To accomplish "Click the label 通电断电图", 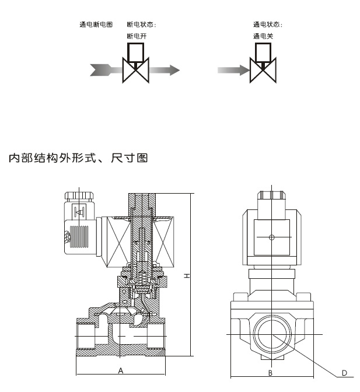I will [x=96, y=24].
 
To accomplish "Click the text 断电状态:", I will [x=141, y=24].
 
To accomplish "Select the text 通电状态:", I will [x=267, y=24].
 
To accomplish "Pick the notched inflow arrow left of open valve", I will [x=105, y=70].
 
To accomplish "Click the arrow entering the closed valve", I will [x=233, y=70].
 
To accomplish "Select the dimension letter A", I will [x=121, y=370].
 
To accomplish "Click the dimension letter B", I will [x=270, y=372].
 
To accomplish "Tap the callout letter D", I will [x=344, y=372].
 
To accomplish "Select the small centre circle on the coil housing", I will [x=271, y=237].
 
